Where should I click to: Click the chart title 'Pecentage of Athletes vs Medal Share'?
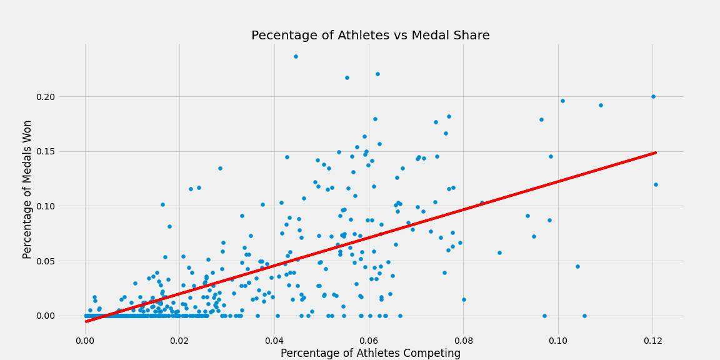[x=370, y=36]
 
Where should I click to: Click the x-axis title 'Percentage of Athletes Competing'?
[x=370, y=353]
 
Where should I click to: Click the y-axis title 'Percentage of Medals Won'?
[x=27, y=189]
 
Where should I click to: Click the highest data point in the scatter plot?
[x=296, y=56]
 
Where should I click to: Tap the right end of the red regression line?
[x=656, y=152]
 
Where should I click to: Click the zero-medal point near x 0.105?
[x=584, y=316]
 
